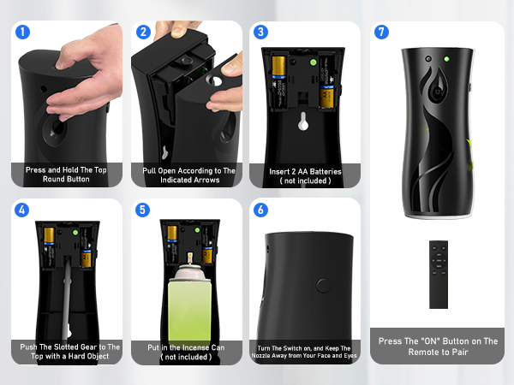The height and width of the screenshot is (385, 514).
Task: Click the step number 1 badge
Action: tap(23, 33)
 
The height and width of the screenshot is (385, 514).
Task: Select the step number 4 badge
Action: tap(23, 210)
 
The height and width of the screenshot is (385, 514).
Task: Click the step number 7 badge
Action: tap(382, 33)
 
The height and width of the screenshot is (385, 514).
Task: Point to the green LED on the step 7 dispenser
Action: tap(446, 60)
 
